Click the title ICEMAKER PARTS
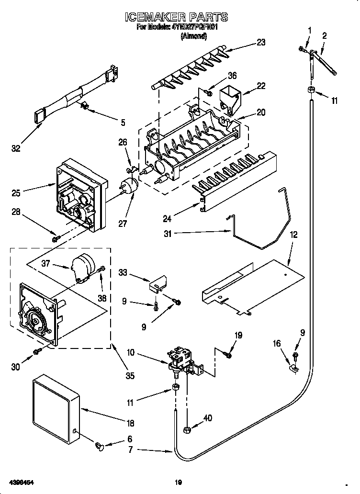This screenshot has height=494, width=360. [176, 17]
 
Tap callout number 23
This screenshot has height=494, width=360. [260, 42]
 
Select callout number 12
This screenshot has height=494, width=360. [293, 235]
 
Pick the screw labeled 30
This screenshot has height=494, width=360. [36, 352]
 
